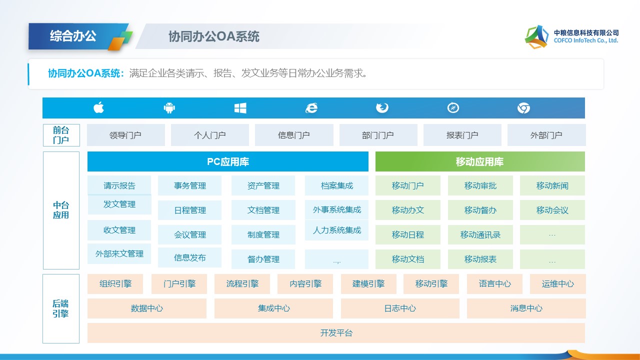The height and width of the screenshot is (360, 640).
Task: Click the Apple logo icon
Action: pos(98,107)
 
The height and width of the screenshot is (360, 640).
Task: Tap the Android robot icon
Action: pos(169,107)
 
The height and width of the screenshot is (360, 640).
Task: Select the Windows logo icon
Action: pos(240,107)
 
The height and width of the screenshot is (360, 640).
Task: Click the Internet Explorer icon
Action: pos(311,108)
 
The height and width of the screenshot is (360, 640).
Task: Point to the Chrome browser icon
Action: pos(523,108)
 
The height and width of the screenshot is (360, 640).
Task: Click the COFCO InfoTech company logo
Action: pos(536,36)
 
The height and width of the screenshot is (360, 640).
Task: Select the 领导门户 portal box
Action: pos(125,135)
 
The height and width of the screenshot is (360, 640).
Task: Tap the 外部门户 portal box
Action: pos(546,135)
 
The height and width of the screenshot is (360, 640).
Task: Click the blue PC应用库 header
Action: pos(227,162)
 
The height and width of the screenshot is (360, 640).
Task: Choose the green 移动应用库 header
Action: pos(479,162)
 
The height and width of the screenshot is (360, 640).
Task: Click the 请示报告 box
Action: pos(119,185)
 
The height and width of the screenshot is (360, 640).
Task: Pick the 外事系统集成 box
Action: pos(336,210)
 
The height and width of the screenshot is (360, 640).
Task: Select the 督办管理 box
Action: pos(263,259)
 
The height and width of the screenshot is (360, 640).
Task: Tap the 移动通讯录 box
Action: pos(480,234)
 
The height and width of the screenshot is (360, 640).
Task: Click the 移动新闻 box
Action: pos(552,185)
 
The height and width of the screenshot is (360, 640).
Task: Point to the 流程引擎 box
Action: pos(242,283)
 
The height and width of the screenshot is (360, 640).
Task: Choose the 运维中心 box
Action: pos(557,283)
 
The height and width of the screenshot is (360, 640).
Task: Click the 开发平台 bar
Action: pos(336,333)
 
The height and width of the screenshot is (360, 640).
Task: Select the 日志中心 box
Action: pos(399,308)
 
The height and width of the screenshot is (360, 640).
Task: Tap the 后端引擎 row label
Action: pos(60,308)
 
